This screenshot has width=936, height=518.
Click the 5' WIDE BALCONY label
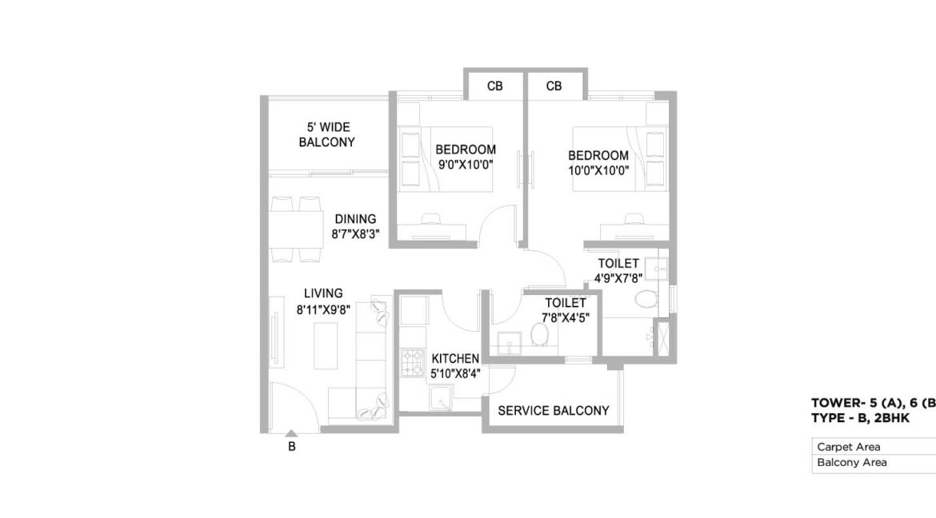point(326,135)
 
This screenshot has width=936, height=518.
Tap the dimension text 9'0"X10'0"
point(466,165)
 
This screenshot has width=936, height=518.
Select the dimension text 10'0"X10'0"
point(598,170)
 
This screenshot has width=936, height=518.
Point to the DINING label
point(355,219)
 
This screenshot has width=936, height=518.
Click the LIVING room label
point(323,293)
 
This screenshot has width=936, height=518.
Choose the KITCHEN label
point(455,359)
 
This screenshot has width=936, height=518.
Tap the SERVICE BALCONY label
point(554,411)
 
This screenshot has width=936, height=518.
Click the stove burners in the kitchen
point(413,362)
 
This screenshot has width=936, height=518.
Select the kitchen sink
point(441,397)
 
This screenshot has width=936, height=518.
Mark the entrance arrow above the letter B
point(290,434)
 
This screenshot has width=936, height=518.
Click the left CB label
point(495,86)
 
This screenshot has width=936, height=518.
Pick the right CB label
point(554,86)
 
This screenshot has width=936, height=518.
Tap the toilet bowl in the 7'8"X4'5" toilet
point(540,334)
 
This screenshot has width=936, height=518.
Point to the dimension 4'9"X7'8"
point(618,278)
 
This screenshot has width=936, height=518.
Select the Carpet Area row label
point(848,447)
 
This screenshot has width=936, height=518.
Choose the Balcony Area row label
point(852,463)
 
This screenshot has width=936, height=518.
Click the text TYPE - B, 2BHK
point(860,418)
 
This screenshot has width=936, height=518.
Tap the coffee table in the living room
point(326,345)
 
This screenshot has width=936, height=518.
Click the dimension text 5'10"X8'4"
point(455,374)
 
